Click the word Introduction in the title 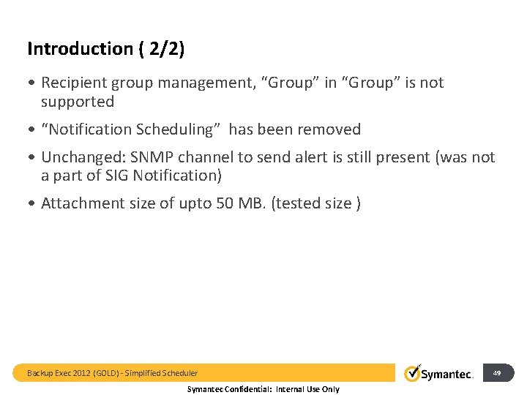pyautogui.click(x=80, y=49)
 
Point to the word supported pyautogui.click(x=78, y=102)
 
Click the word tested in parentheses pyautogui.click(x=298, y=203)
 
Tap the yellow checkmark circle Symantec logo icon pyautogui.click(x=413, y=373)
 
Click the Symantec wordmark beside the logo pyautogui.click(x=448, y=375)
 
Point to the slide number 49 pyautogui.click(x=497, y=373)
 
